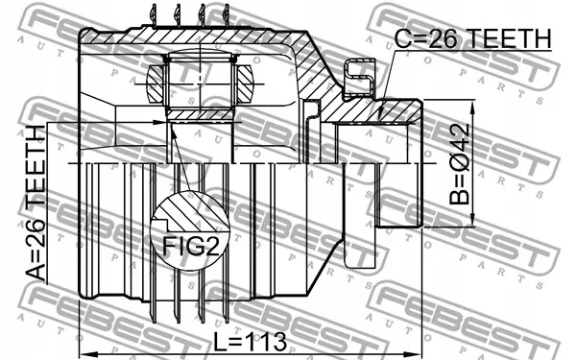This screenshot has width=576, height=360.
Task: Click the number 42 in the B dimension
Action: point(461,136)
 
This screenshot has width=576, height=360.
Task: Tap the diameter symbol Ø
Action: point(461,159)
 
